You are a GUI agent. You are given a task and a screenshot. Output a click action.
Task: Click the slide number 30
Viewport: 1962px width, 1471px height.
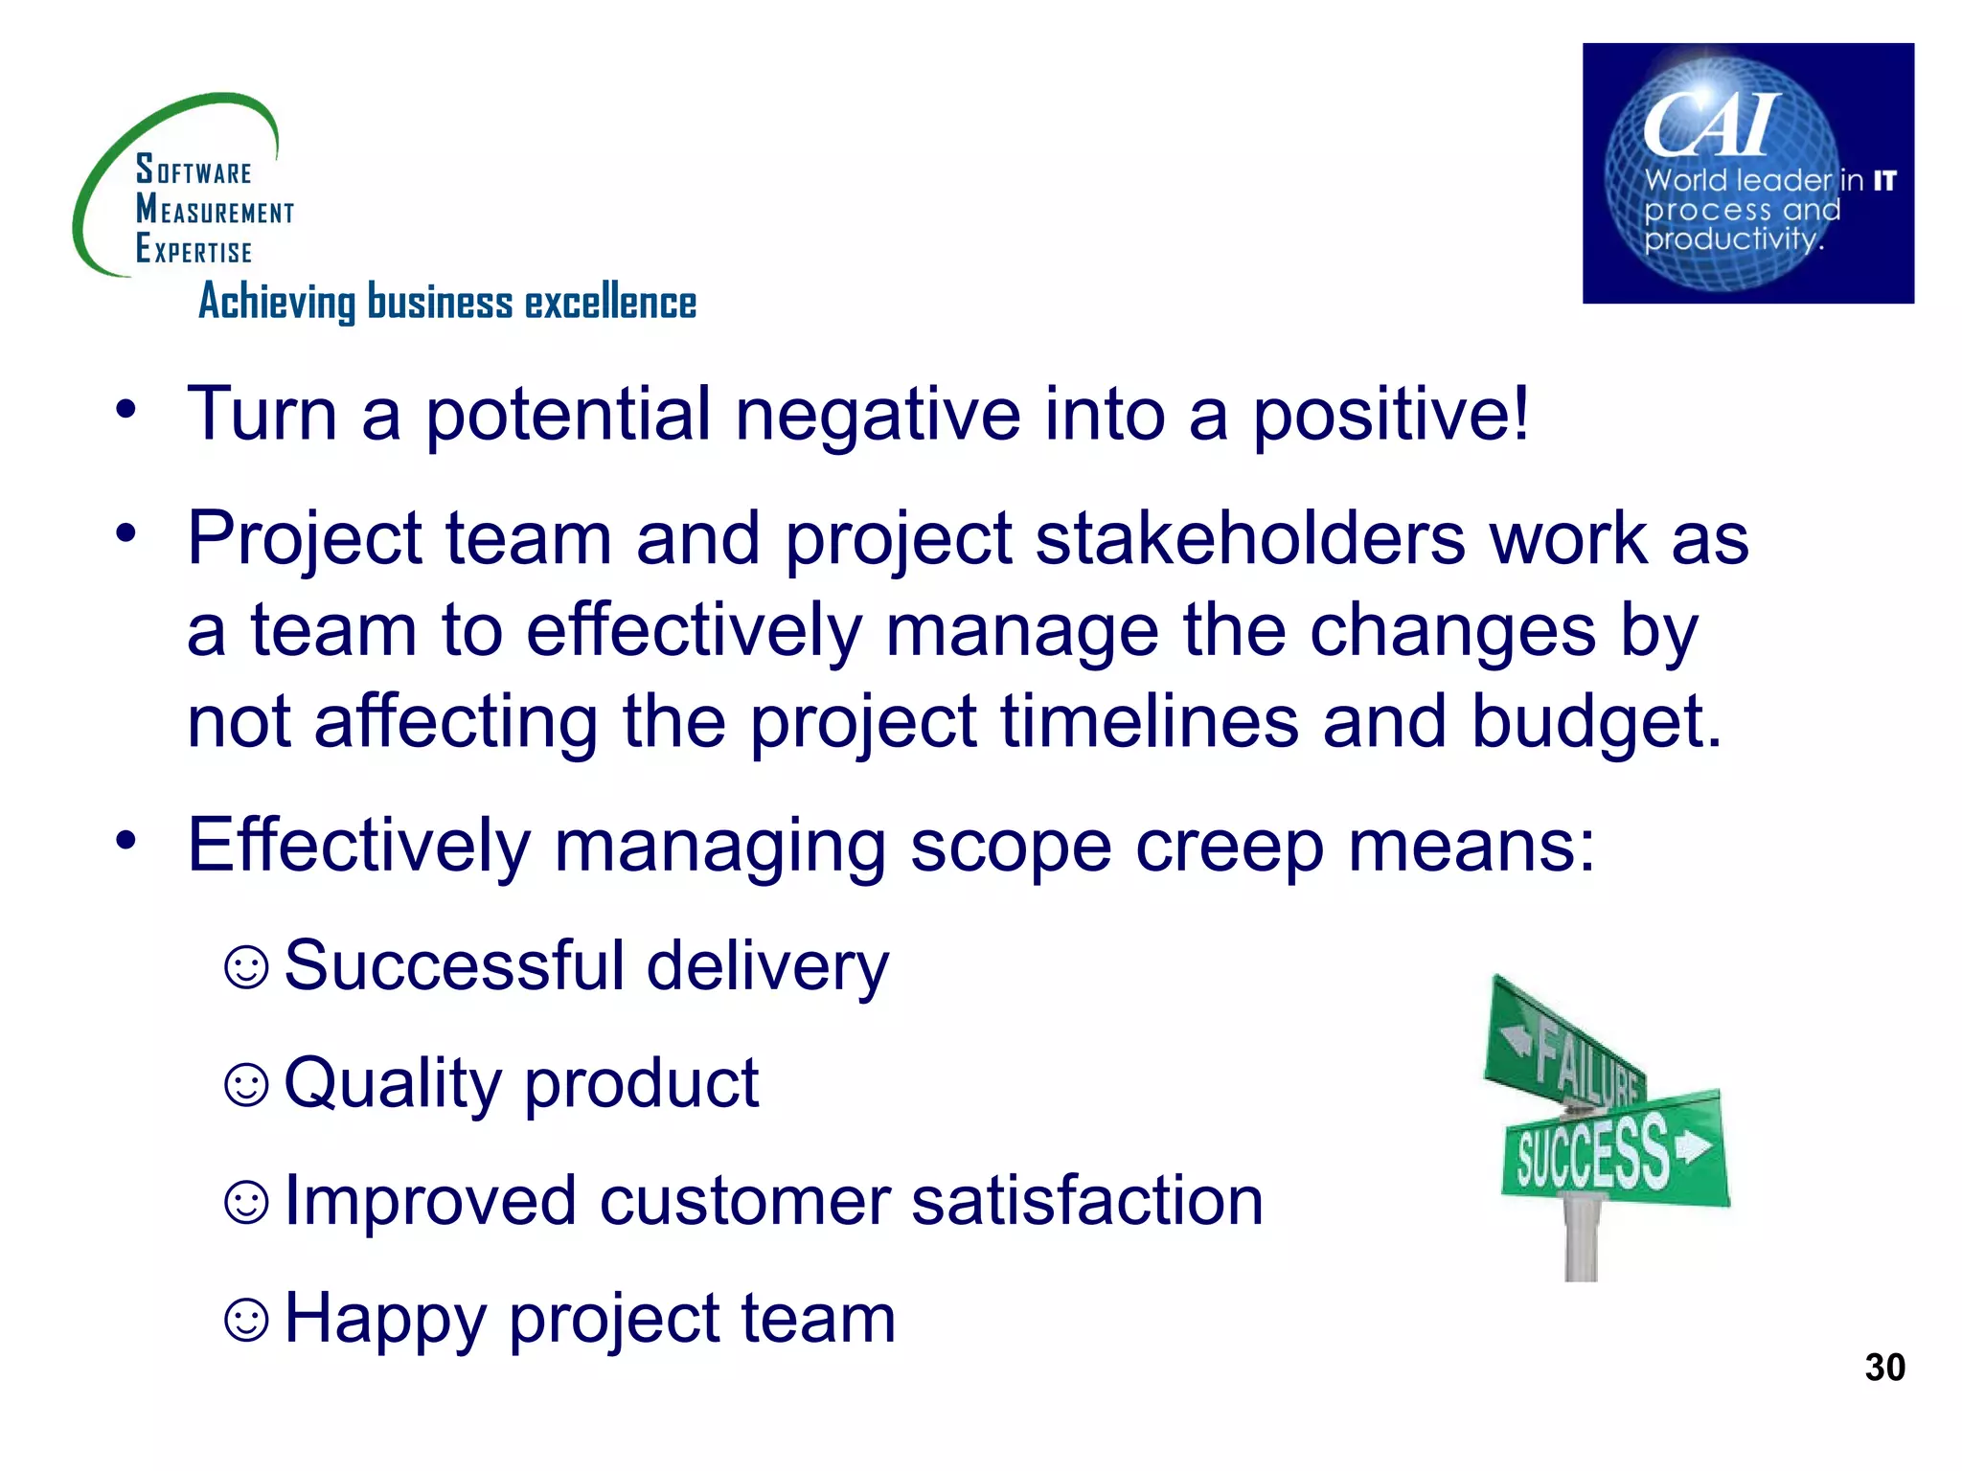point(1883,1368)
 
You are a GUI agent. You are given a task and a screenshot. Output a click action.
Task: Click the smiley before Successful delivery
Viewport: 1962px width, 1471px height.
point(246,967)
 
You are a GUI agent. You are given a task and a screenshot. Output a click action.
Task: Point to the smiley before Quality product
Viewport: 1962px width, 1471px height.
point(246,1085)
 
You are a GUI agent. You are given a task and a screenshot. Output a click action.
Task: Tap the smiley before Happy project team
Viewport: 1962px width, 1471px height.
point(246,1320)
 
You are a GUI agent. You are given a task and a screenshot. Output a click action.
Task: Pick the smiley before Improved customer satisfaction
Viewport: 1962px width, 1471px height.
point(246,1202)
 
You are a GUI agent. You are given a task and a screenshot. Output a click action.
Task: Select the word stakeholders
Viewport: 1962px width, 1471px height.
point(1249,538)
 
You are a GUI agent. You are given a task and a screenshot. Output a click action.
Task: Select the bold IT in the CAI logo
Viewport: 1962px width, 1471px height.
point(1883,181)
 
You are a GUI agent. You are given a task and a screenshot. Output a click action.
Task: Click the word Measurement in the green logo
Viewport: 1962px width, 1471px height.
point(215,210)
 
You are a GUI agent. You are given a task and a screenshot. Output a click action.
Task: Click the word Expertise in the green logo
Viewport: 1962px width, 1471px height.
point(194,250)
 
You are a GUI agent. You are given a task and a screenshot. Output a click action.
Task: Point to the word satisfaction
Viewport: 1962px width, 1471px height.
point(1086,1202)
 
